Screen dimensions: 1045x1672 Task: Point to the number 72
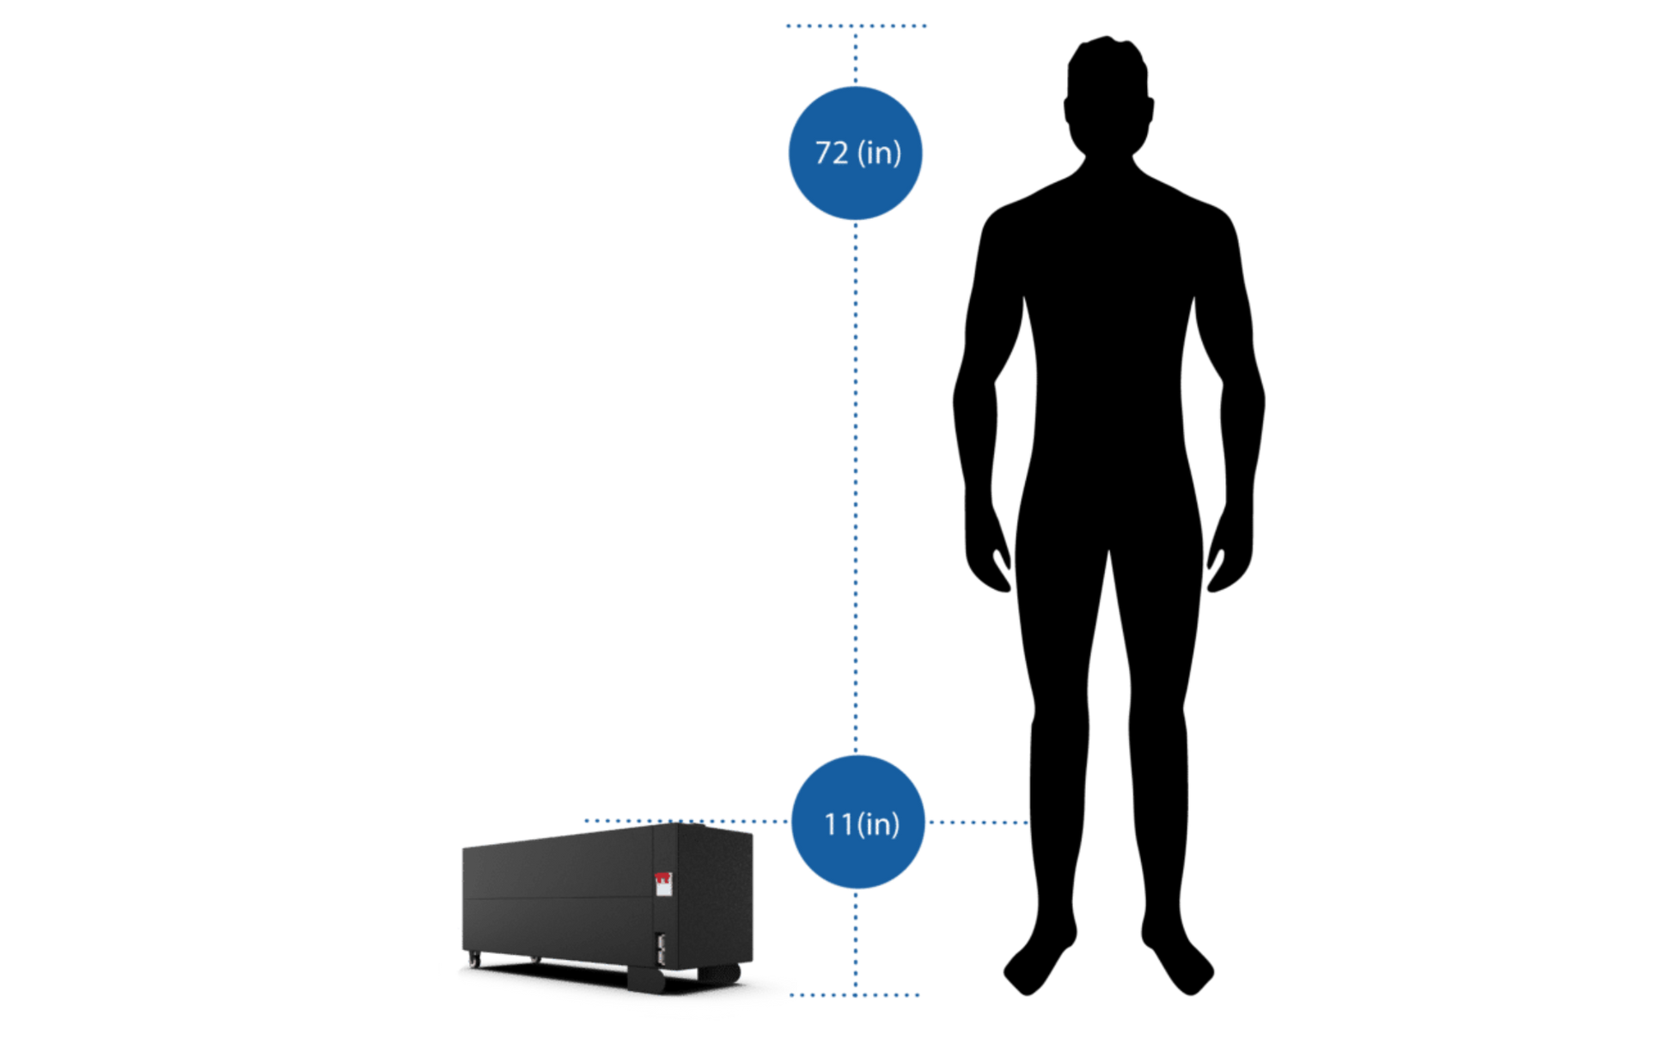(831, 153)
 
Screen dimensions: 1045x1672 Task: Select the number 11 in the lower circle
(838, 823)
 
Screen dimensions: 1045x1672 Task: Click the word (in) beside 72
(879, 153)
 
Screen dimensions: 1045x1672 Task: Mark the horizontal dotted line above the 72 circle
(856, 27)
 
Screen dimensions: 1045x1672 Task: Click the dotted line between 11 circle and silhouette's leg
(979, 822)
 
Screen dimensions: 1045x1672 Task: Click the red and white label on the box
(663, 884)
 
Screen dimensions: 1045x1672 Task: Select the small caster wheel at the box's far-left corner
(473, 961)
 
